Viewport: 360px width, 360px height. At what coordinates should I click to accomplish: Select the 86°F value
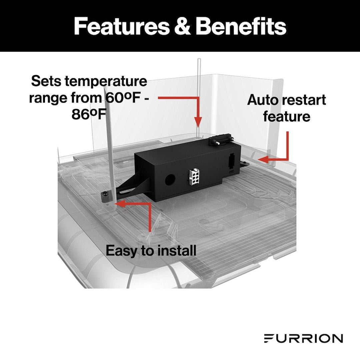coord(89,114)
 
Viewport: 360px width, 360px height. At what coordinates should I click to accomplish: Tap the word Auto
coord(262,100)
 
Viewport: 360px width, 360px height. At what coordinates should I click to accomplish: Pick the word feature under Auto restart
coord(287,117)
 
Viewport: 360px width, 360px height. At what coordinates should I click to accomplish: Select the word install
coord(177,251)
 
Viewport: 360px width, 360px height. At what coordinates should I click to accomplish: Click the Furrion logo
coord(303,339)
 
